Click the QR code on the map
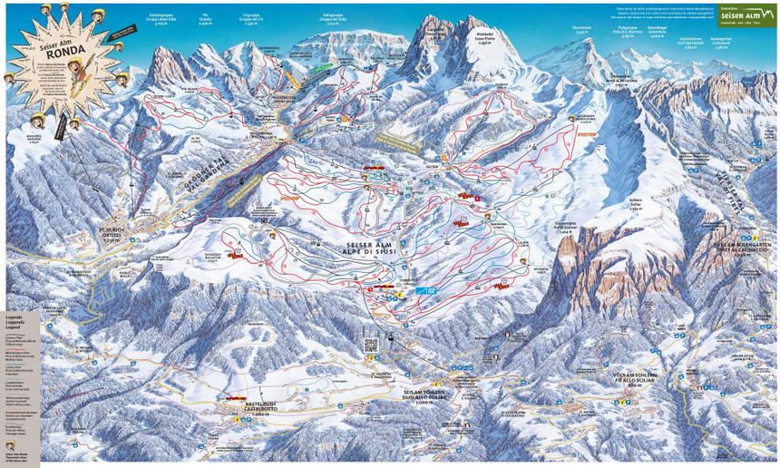coord(370,344)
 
